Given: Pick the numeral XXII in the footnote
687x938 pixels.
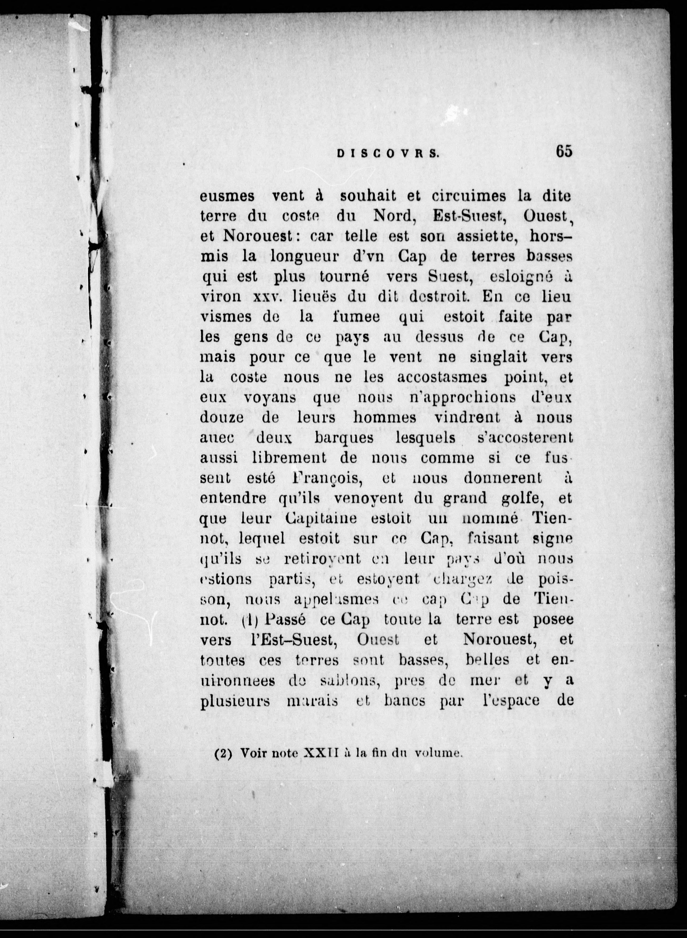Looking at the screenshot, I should coord(322,753).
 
